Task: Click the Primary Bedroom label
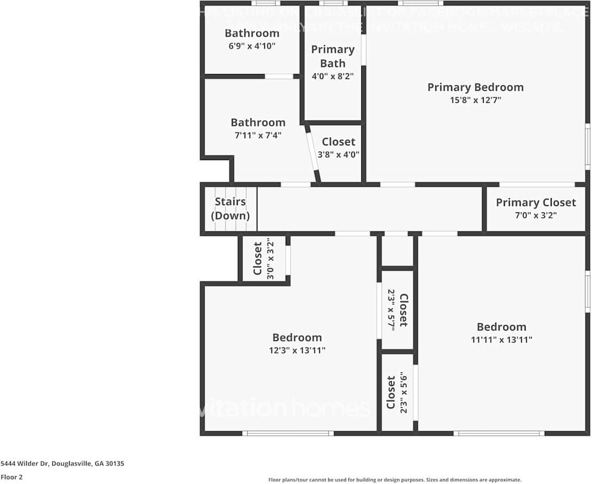[475, 87]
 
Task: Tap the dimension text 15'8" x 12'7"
[475, 100]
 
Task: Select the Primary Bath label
[332, 56]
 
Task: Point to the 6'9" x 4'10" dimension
[252, 46]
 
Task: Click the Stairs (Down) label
[230, 209]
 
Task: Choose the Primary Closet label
[535, 203]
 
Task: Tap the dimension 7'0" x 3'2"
[535, 215]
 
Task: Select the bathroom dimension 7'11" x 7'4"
[258, 136]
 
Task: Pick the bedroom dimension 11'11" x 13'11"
[501, 340]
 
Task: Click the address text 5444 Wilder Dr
[62, 464]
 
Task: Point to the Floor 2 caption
[11, 477]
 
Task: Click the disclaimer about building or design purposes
[394, 480]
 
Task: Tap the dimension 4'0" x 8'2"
[332, 77]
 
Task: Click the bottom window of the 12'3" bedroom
[288, 433]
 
